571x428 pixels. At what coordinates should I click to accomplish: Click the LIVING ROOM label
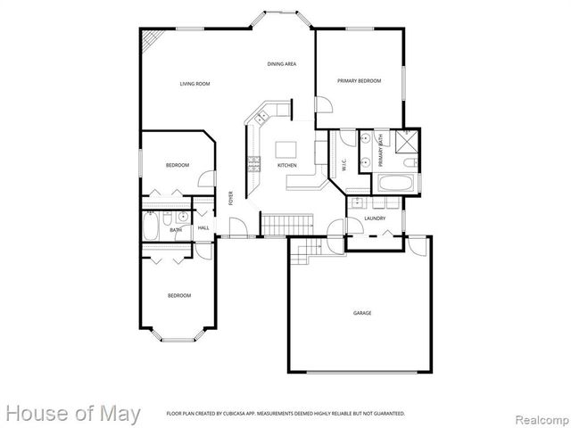194,84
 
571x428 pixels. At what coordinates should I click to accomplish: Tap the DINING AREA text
282,64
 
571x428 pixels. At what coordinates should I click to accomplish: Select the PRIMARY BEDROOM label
359,81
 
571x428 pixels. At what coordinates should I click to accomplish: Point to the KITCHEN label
286,166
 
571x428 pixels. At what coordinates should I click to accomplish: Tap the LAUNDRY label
375,218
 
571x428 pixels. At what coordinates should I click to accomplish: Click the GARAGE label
362,313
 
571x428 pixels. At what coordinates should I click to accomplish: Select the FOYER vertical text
230,198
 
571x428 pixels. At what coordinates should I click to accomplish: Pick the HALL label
203,228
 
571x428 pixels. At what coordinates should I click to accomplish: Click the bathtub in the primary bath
397,185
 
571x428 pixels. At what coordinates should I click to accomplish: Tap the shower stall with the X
409,141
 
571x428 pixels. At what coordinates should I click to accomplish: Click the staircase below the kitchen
288,224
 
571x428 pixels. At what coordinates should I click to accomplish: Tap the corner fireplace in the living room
153,39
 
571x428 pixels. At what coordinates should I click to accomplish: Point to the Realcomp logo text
540,415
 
